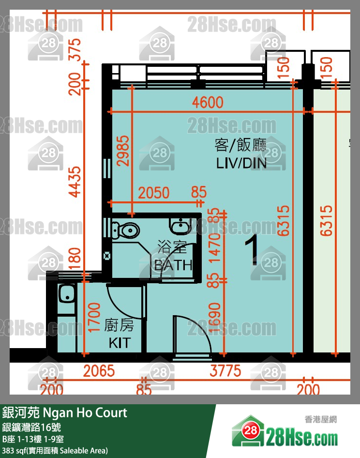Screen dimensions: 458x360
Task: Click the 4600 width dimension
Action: [208, 103]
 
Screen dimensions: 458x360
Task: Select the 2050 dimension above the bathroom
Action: [154, 193]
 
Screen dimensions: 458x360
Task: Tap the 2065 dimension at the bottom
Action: [99, 371]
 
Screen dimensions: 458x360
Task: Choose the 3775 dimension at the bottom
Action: [225, 371]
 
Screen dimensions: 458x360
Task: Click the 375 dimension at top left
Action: [75, 48]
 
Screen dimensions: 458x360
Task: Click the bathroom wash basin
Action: [180, 225]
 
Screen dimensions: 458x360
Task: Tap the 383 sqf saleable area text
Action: [54, 451]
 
